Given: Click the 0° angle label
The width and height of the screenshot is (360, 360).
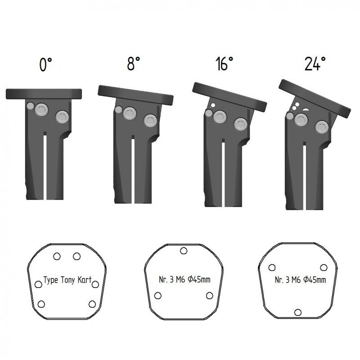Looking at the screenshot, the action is (x=46, y=64).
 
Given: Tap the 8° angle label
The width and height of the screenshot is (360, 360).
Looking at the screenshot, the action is (x=133, y=63).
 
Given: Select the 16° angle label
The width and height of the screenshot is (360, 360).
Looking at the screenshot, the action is (x=224, y=63).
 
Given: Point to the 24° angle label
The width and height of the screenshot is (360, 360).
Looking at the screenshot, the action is (x=315, y=63).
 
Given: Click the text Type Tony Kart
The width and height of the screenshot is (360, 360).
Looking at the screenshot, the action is (x=67, y=280).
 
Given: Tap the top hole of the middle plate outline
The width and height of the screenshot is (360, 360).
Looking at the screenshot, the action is (x=184, y=251).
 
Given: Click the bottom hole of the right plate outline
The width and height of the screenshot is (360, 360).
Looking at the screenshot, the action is (x=298, y=312).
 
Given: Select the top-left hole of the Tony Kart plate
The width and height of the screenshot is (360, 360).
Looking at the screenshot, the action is (x=57, y=256).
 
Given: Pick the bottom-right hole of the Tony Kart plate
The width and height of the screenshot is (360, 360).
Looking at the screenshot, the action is (x=92, y=304).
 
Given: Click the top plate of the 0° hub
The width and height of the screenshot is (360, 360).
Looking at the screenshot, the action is (x=44, y=94).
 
